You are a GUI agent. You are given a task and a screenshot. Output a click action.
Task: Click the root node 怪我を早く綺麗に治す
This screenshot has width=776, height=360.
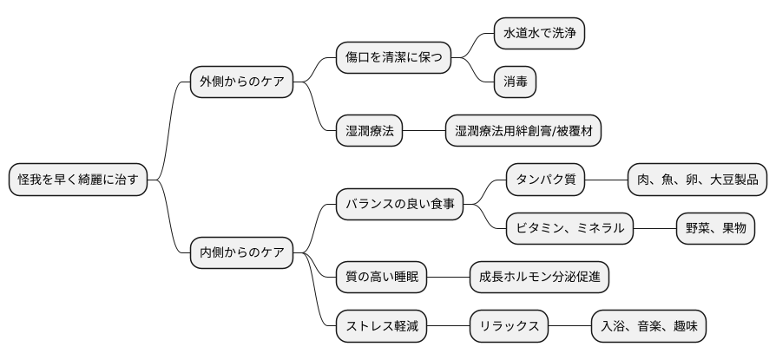click(x=77, y=180)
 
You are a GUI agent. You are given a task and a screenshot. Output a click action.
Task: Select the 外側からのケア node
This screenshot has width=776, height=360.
click(x=241, y=82)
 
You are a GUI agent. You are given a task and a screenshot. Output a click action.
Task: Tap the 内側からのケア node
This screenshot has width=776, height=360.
click(x=241, y=253)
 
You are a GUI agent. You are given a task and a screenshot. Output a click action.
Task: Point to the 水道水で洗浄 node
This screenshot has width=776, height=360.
click(x=538, y=34)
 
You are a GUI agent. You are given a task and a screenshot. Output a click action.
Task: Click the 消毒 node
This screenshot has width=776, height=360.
click(x=515, y=82)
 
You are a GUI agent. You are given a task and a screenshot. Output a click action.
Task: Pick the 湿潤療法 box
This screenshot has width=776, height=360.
click(x=369, y=132)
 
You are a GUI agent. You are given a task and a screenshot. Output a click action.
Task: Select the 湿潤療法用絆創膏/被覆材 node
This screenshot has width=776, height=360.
click(x=523, y=132)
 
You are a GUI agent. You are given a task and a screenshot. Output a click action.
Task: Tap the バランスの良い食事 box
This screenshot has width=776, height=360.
click(x=399, y=205)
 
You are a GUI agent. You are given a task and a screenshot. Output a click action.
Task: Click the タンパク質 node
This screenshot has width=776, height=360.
click(x=545, y=180)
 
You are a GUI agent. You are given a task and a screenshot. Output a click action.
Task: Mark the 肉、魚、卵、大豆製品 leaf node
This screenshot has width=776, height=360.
click(x=697, y=180)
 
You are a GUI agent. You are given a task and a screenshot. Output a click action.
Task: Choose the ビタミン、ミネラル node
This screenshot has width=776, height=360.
click(x=569, y=229)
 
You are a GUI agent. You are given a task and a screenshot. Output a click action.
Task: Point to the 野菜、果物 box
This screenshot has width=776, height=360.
click(x=715, y=229)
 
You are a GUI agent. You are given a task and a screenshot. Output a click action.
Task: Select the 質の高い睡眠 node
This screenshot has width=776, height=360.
click(x=381, y=278)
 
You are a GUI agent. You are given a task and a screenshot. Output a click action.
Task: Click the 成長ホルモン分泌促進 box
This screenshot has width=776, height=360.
click(x=539, y=278)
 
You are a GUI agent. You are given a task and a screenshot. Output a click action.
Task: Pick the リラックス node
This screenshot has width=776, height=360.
click(x=509, y=327)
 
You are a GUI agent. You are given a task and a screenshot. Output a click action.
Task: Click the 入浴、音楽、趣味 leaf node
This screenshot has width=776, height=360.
click(x=648, y=327)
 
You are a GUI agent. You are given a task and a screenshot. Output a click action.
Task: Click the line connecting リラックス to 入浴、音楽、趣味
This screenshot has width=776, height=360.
click(x=569, y=327)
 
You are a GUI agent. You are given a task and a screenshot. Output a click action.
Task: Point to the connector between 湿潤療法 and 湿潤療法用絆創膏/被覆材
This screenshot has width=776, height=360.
click(x=424, y=132)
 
